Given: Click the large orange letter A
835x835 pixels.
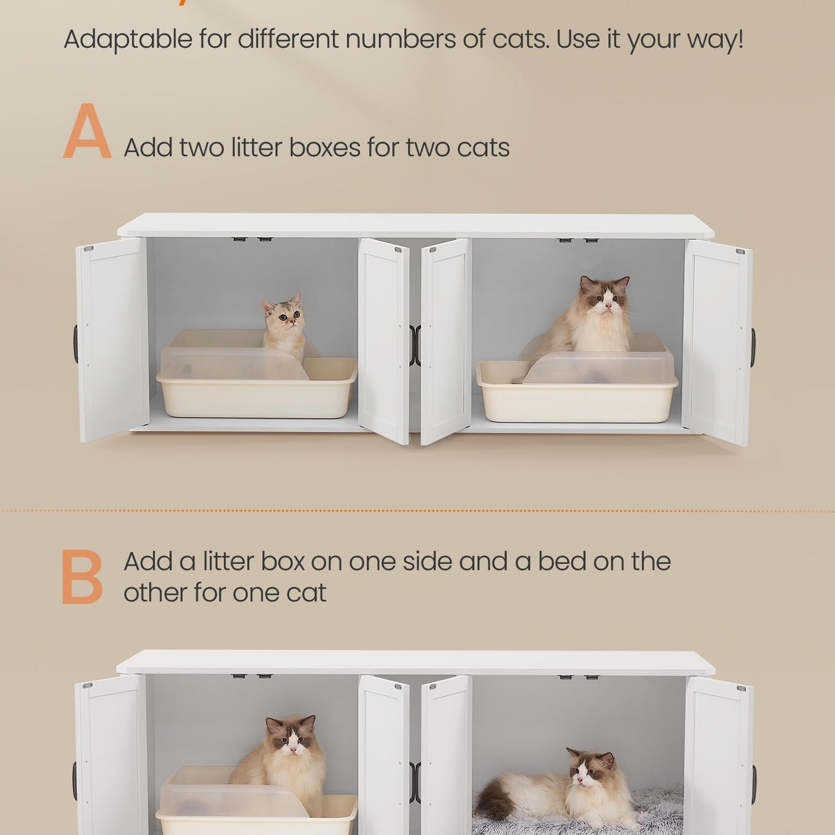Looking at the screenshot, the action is (x=87, y=131).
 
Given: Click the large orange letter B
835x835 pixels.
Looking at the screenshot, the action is (x=82, y=577).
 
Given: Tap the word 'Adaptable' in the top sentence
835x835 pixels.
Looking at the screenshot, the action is (x=128, y=40).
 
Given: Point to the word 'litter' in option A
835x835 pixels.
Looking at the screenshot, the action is (x=257, y=148).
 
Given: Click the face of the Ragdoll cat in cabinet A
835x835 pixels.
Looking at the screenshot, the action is (x=606, y=299).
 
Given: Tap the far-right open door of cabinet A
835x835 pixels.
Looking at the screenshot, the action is (x=718, y=342).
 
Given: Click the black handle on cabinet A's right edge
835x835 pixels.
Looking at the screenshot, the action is (x=753, y=348).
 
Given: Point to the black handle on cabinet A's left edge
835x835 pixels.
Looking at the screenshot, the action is (x=76, y=344).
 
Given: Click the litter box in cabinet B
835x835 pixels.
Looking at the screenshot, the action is (x=257, y=802).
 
